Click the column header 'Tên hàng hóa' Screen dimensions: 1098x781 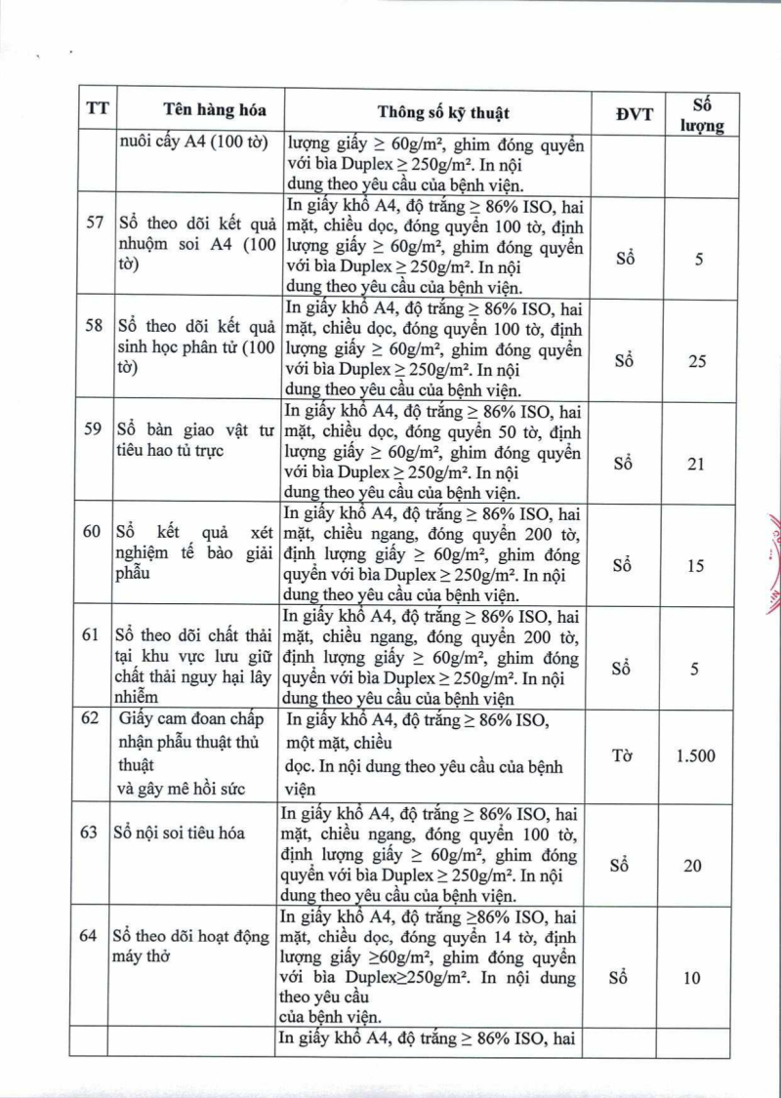click(201, 110)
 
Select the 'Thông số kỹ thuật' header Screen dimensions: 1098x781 click(443, 111)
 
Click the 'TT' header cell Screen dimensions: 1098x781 click(97, 110)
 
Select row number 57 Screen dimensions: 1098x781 click(96, 222)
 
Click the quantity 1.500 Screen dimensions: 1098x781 click(695, 755)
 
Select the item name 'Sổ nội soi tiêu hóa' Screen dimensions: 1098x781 click(180, 833)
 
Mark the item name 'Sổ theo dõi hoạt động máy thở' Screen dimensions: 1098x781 click(190, 946)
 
